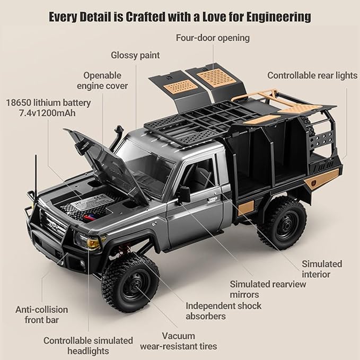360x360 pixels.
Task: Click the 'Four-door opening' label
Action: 213,38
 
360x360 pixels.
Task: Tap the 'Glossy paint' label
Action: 135,55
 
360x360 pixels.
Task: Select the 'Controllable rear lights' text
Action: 312,75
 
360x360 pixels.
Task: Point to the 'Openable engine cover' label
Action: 102,81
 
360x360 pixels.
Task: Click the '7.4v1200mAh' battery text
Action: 47,113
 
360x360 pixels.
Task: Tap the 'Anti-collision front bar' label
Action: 41,315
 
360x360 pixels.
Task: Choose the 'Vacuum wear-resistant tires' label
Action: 179,341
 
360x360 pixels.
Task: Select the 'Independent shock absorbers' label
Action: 223,311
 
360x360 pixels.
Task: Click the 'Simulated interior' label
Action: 322,269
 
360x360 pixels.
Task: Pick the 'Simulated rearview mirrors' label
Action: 268,289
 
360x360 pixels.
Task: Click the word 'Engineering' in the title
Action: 279,17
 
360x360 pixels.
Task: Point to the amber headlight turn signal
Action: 94,243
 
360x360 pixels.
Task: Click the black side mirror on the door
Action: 185,195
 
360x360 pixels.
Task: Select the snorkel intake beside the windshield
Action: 117,138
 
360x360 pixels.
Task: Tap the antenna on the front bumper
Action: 36,176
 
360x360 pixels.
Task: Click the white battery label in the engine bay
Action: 92,203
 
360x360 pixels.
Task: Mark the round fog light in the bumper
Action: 82,264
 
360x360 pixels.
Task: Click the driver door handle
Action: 213,199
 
